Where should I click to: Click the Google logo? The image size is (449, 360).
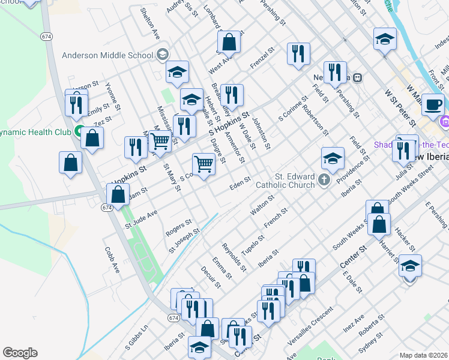click(20, 353)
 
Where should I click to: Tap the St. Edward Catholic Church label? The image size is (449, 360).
click(295, 181)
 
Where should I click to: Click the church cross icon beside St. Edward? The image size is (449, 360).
click(324, 179)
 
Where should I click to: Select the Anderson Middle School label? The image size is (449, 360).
click(108, 55)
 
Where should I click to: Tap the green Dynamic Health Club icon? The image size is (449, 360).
click(79, 131)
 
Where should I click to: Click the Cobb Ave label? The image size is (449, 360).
click(112, 259)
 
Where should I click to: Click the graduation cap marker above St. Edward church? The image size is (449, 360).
click(333, 159)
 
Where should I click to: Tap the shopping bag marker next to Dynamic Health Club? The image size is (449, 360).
click(93, 139)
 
